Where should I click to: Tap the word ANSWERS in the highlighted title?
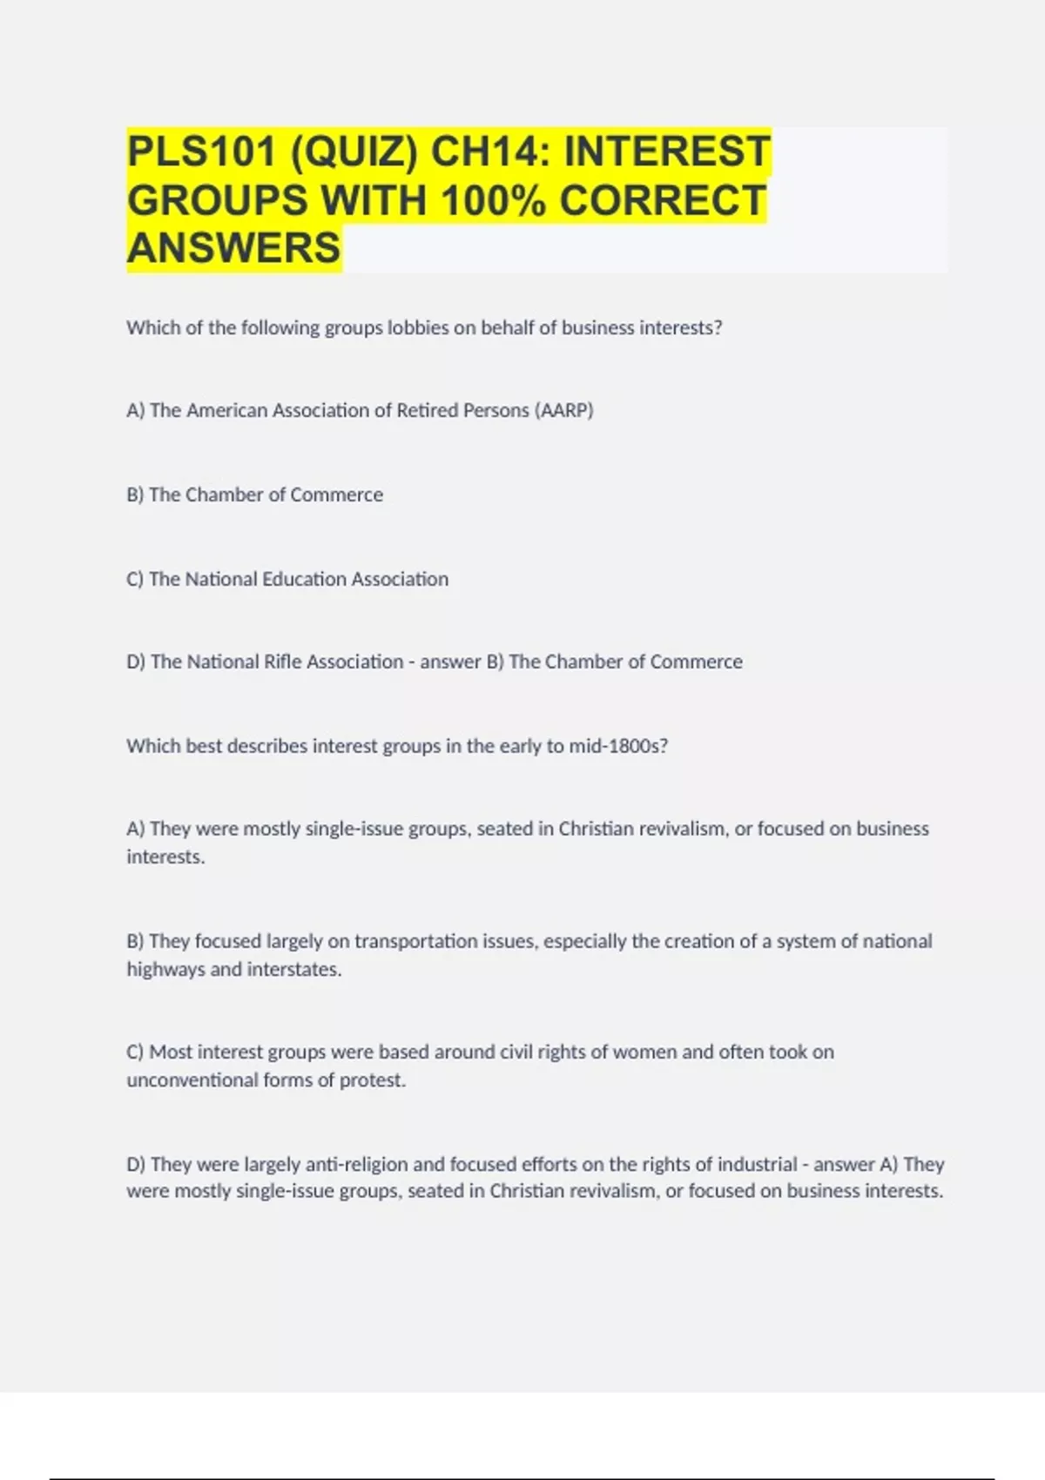click(234, 248)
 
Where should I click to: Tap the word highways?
click(165, 969)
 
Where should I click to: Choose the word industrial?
click(755, 1164)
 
